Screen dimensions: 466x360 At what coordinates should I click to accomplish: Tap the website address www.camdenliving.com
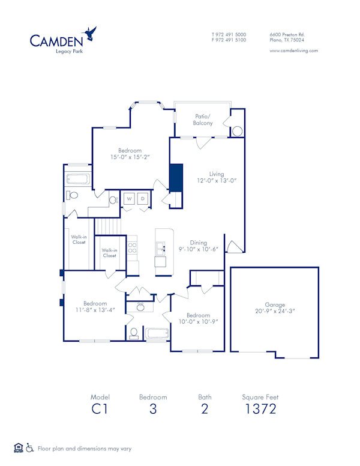click(x=293, y=50)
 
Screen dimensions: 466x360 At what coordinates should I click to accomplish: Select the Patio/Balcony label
click(x=202, y=120)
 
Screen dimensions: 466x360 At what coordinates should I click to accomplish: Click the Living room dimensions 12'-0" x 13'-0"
click(x=208, y=181)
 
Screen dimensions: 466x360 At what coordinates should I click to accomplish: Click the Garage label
click(x=275, y=304)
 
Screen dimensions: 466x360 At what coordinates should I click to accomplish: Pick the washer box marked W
click(x=129, y=199)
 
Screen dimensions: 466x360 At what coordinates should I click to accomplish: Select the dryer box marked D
click(x=143, y=199)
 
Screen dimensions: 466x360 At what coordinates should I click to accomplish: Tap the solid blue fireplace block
click(x=176, y=178)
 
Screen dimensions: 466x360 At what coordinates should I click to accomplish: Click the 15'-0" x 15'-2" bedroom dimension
click(x=129, y=157)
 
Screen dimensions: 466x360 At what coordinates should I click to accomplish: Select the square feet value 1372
click(x=260, y=410)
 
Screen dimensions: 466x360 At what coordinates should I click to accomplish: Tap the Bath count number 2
click(x=205, y=410)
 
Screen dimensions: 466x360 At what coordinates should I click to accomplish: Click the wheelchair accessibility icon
click(x=31, y=447)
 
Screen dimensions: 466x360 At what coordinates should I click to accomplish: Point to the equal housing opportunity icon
click(x=18, y=447)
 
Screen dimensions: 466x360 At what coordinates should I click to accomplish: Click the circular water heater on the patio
click(x=238, y=131)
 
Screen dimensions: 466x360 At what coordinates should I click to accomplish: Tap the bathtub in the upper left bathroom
click(x=78, y=179)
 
